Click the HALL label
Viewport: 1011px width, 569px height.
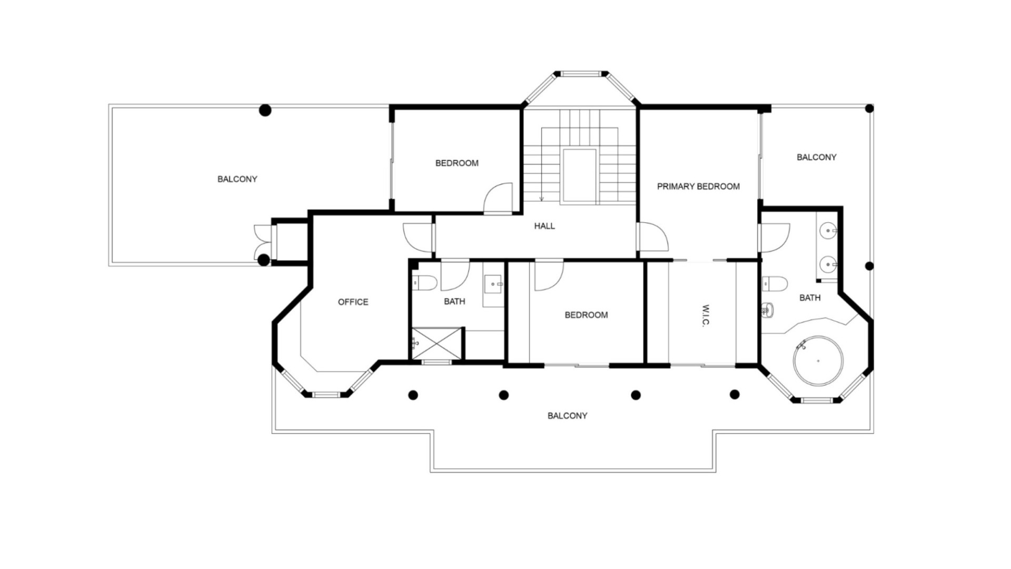click(544, 226)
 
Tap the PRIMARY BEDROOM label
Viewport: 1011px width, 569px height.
click(698, 187)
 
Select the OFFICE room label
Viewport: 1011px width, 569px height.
click(353, 302)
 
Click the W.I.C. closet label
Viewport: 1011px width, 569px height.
click(706, 315)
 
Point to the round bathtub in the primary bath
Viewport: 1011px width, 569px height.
click(818, 361)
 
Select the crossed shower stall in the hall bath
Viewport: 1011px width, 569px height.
click(436, 344)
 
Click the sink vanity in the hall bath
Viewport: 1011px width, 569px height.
click(493, 284)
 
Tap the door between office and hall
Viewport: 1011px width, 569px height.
click(419, 237)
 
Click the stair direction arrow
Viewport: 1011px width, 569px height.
click(541, 198)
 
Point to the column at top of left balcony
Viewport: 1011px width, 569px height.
click(265, 110)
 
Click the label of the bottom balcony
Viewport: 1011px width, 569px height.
click(567, 416)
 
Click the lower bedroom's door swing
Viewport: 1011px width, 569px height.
click(549, 276)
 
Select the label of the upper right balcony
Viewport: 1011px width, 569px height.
click(816, 157)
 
